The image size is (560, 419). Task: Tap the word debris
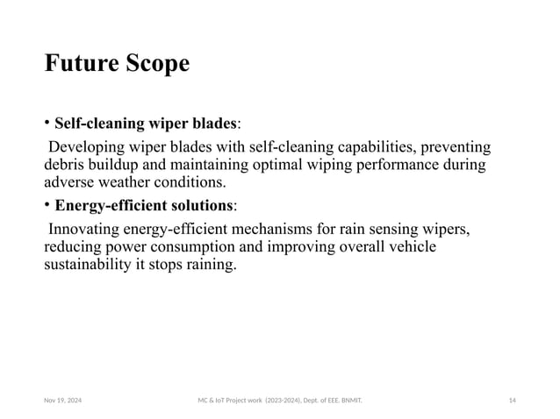[x=65, y=164]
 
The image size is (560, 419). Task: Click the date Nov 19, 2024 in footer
[x=62, y=400]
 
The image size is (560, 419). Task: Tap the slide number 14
[x=512, y=400]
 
